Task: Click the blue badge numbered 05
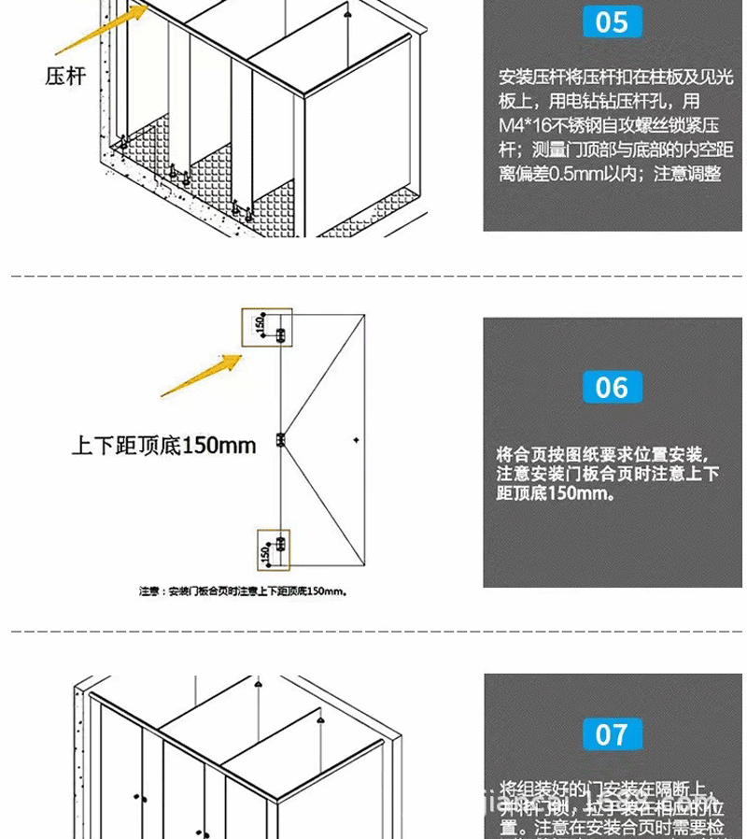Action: (612, 21)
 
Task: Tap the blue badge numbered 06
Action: (612, 387)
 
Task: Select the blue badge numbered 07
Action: (612, 734)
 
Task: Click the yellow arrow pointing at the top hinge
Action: (202, 374)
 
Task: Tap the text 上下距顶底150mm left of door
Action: (164, 446)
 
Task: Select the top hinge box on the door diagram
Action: (267, 327)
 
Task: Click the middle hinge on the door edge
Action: (280, 438)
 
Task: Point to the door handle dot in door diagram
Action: (356, 438)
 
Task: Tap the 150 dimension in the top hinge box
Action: (259, 323)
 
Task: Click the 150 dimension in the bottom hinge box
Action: (265, 554)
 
